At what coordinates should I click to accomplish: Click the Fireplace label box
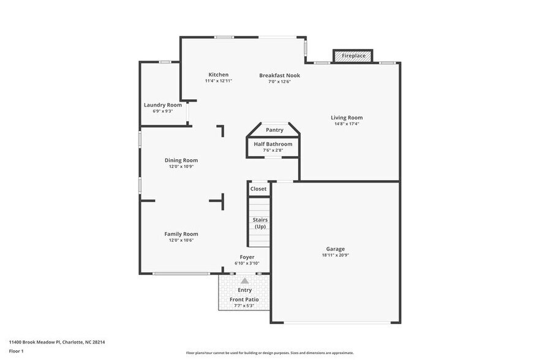[x=353, y=56]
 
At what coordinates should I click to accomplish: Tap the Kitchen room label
[x=218, y=75]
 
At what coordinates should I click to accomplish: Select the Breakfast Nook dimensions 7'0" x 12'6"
[x=279, y=81]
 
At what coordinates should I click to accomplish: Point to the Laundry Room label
[x=162, y=105]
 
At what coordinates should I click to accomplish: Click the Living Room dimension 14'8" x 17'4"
[x=347, y=124]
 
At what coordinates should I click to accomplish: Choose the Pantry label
[x=274, y=130]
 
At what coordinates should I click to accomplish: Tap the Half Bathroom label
[x=273, y=144]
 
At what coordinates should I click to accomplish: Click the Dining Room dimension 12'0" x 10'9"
[x=181, y=167]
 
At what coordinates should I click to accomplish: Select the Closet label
[x=258, y=189]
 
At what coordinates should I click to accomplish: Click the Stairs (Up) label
[x=260, y=223]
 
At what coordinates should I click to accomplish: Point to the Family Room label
[x=181, y=234]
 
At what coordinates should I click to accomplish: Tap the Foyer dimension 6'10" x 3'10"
[x=247, y=263]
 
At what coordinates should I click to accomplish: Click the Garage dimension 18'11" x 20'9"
[x=335, y=255]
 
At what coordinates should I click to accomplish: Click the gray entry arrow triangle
[x=244, y=280]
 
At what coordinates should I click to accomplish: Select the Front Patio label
[x=244, y=299]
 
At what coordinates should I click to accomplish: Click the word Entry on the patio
[x=244, y=290]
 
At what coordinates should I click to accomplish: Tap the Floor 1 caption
[x=16, y=351]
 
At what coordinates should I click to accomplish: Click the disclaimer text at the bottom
[x=269, y=353]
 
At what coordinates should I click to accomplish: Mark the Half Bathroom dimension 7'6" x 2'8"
[x=273, y=150]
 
